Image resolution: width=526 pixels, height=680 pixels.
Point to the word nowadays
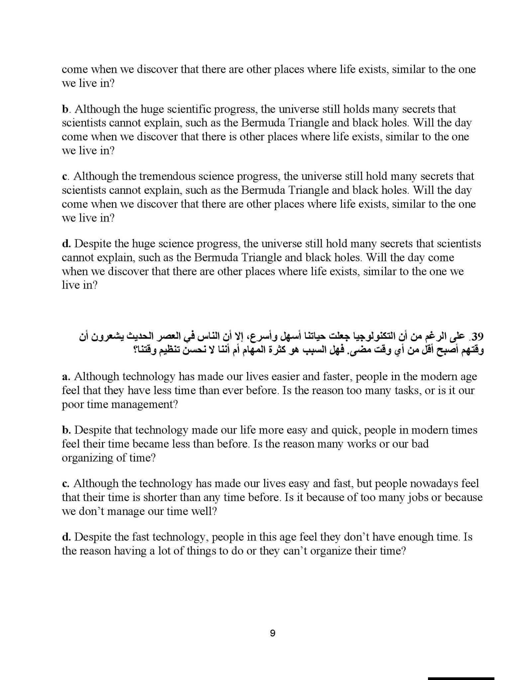point(434,483)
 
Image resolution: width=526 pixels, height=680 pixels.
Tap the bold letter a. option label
point(66,377)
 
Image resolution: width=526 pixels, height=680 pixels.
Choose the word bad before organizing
point(419,444)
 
